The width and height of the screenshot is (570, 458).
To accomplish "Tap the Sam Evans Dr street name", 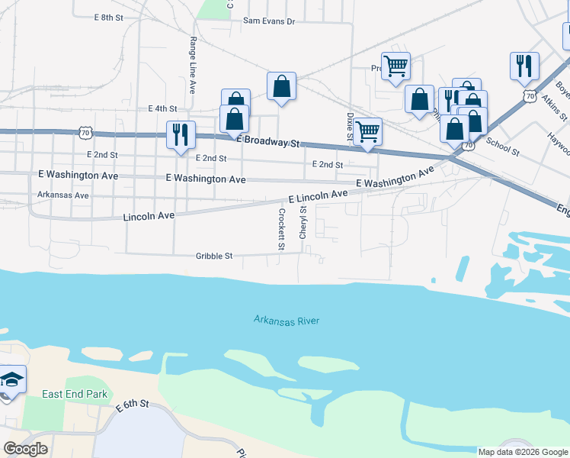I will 268,21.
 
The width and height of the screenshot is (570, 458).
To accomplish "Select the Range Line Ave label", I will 192,57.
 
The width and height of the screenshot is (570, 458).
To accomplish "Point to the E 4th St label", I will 162,109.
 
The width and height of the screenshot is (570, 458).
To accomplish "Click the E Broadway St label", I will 269,142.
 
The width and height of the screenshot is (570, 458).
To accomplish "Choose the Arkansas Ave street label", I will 63,195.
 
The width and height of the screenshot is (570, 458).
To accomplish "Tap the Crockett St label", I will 281,229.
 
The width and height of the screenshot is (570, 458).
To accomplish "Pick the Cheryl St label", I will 303,222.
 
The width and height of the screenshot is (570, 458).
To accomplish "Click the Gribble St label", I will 214,256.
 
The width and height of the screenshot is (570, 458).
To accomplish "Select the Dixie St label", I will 350,128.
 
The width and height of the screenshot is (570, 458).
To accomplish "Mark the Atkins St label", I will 555,108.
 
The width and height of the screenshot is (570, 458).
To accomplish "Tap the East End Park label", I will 75,394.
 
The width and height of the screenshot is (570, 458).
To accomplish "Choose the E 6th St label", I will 132,404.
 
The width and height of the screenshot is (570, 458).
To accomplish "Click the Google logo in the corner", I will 25,449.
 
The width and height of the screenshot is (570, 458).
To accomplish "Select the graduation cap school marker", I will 11,379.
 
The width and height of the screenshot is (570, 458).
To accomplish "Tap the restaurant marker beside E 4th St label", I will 181,134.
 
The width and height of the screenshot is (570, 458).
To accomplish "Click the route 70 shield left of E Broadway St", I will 85,133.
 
